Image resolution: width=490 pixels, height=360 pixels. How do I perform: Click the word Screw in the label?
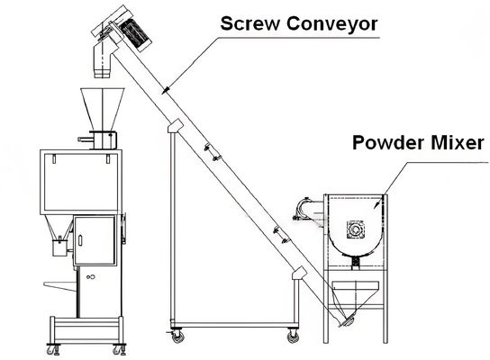click(250, 23)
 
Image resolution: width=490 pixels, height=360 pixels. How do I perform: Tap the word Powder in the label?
click(389, 143)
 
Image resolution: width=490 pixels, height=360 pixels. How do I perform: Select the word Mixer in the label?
click(458, 143)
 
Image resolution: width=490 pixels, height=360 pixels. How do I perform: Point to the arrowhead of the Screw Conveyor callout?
click(166, 90)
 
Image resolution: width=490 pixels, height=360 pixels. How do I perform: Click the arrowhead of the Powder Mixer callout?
click(377, 204)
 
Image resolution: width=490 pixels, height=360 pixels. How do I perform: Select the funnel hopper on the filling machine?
click(102, 109)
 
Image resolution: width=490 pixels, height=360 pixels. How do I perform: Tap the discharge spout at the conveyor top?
click(102, 61)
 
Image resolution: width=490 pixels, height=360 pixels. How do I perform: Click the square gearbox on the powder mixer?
click(356, 229)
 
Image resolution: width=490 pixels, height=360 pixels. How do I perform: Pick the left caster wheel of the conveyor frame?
click(177, 337)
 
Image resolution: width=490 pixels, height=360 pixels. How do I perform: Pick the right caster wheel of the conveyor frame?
click(293, 337)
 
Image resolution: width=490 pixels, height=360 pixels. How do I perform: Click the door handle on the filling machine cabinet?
click(80, 240)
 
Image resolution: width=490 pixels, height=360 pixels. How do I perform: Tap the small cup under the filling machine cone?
click(59, 248)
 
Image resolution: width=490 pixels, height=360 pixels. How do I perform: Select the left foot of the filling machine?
click(53, 349)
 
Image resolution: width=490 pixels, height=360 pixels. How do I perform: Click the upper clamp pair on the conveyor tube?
click(212, 153)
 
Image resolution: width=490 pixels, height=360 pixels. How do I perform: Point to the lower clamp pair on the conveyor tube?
click(281, 235)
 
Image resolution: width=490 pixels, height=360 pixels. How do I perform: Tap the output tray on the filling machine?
click(60, 286)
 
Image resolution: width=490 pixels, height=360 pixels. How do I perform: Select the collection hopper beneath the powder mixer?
click(355, 297)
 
